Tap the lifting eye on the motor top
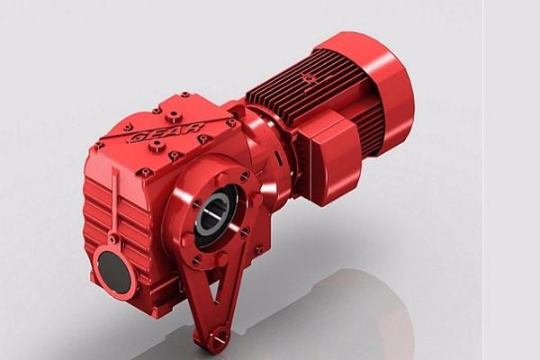click(x=310, y=79)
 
